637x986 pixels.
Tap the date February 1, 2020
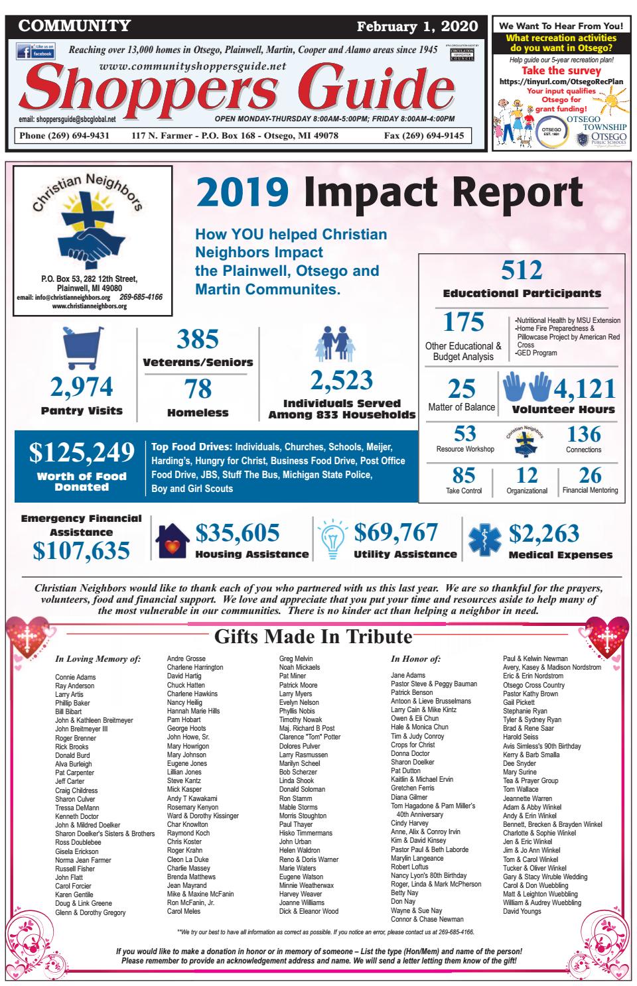pyautogui.click(x=417, y=27)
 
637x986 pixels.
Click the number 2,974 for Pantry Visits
pyautogui.click(x=82, y=387)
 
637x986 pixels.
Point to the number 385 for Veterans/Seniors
pyautogui.click(x=198, y=339)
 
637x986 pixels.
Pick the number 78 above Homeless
pyautogui.click(x=198, y=389)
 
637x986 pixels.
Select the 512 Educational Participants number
pyautogui.click(x=522, y=271)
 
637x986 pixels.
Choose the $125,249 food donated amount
pyautogui.click(x=82, y=453)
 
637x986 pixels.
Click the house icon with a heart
pyautogui.click(x=172, y=542)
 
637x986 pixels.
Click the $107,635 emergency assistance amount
pyautogui.click(x=82, y=550)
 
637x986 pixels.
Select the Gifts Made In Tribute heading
pyautogui.click(x=313, y=637)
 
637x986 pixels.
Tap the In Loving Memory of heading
pyautogui.click(x=98, y=659)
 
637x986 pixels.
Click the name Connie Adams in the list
pyautogui.click(x=75, y=677)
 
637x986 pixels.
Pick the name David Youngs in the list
pyautogui.click(x=522, y=911)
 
